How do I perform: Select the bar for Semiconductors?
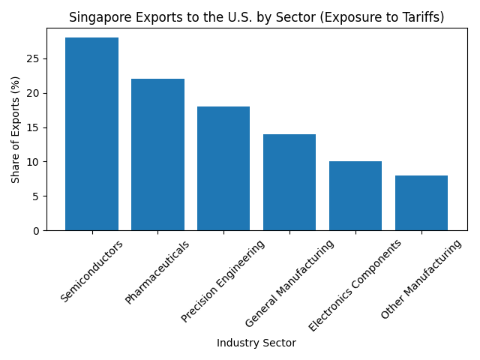pos(91,133)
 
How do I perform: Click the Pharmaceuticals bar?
pos(157,154)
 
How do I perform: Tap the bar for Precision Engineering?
pos(223,168)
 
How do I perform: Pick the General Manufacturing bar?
pos(289,182)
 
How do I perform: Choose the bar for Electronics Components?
pos(355,196)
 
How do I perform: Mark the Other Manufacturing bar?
pos(421,202)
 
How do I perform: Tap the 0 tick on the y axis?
pos(37,230)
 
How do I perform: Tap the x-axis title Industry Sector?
pos(256,343)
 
